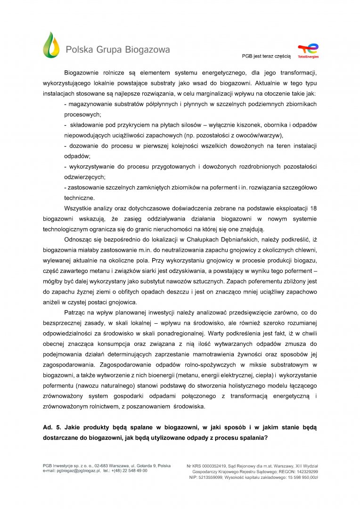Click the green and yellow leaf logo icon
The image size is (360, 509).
pyautogui.click(x=51, y=45)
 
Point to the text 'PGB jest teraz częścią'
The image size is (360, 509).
pyautogui.click(x=266, y=56)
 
